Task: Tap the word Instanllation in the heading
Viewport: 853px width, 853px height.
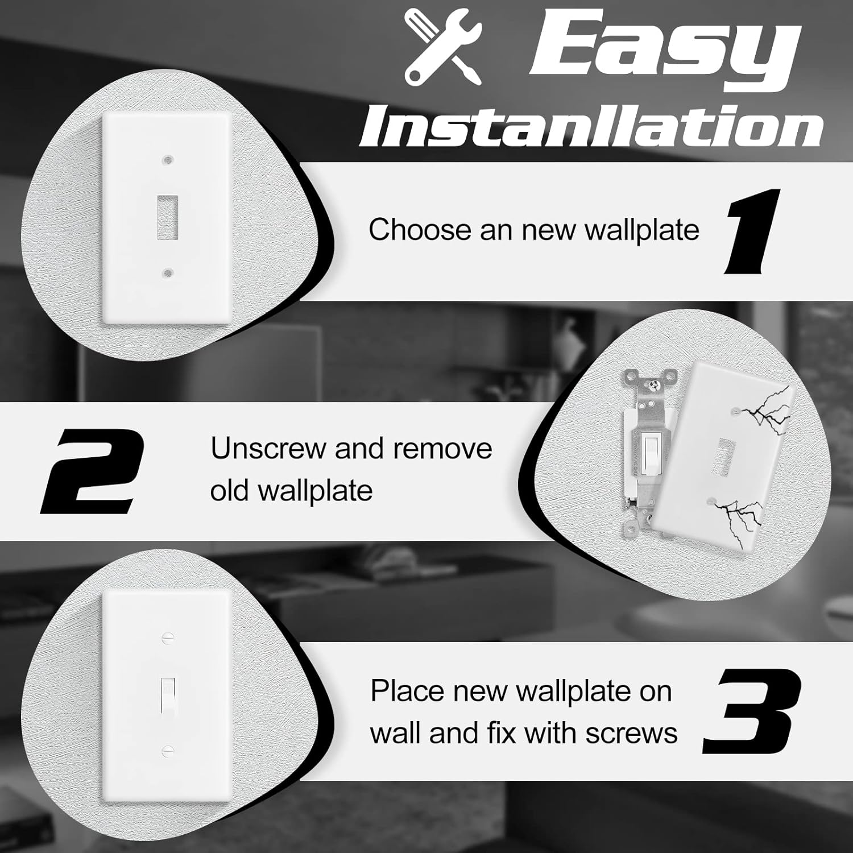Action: [591, 126]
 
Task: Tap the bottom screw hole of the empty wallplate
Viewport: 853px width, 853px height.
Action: [167, 274]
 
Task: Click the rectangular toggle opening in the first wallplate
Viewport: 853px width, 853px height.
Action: [167, 217]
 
